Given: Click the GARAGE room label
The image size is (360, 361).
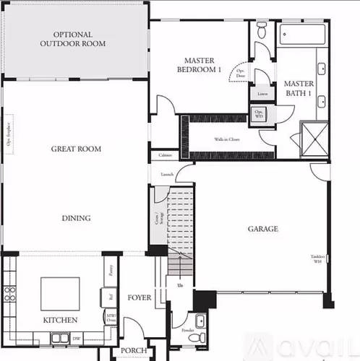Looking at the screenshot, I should (x=263, y=230).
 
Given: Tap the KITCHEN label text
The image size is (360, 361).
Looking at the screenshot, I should (x=60, y=320).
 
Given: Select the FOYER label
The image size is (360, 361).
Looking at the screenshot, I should (x=139, y=297).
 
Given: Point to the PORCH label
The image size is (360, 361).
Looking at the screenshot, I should (x=134, y=351).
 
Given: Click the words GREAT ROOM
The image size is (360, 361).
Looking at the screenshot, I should (x=76, y=149).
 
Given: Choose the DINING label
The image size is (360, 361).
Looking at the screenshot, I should (x=76, y=218).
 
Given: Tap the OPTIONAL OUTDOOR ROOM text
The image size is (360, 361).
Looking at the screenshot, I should (x=72, y=39).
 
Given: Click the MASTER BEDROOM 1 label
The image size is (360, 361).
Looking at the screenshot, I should (x=199, y=65).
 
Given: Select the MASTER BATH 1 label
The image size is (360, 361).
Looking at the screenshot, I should (x=298, y=88).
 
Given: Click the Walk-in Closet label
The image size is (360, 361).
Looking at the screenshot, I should (x=226, y=139).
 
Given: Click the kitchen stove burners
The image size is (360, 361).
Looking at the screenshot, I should (x=10, y=293).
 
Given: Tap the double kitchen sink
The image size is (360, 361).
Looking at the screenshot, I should (x=61, y=338).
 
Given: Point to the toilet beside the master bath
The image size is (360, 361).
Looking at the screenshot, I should (x=261, y=30).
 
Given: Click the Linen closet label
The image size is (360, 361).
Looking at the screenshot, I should (x=261, y=94).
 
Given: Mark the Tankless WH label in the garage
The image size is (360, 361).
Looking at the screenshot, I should (x=317, y=259).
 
